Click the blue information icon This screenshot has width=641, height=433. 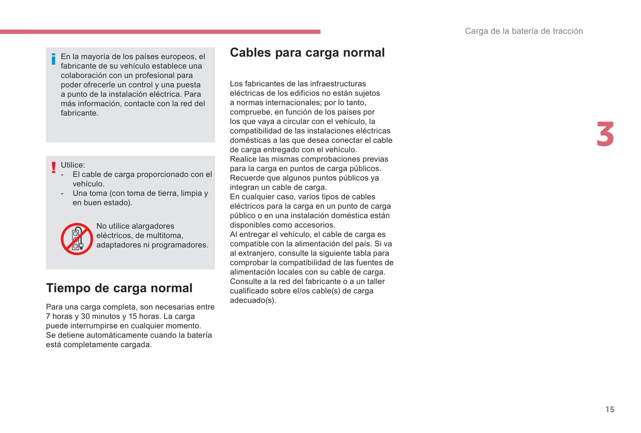coord(54,59)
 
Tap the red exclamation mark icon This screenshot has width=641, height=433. coord(54,168)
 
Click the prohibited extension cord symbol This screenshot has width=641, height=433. coord(77,239)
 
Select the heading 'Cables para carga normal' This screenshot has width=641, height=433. coord(307,53)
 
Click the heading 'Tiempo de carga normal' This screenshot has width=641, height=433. coord(119,288)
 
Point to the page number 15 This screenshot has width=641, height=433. coord(610,410)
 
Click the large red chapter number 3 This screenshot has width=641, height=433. coord(605,134)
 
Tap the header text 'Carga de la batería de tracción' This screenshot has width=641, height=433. coord(523,31)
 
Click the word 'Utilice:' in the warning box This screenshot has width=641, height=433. coord(73,165)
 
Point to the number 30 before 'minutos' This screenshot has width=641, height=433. coord(85,316)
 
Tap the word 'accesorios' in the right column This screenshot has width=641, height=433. coord(316,225)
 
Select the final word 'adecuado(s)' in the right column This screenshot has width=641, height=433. coord(253,300)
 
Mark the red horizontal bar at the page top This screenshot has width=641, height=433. coord(160,32)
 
